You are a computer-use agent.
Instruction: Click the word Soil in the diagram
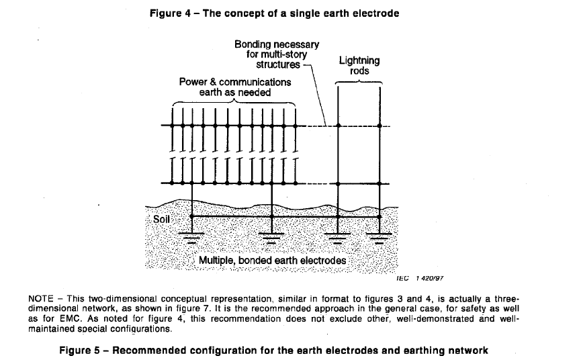161,219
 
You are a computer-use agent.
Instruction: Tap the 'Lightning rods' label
359,66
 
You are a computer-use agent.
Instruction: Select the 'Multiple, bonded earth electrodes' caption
272,261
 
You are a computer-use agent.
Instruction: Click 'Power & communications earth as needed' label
235,87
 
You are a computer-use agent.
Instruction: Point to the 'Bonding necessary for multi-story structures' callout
277,54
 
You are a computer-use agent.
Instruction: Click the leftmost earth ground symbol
191,238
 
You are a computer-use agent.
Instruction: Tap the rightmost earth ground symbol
379,238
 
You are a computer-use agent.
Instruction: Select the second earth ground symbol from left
271,238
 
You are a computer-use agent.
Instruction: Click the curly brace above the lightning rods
359,81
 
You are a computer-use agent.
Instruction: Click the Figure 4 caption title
275,13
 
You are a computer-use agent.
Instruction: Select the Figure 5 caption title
274,351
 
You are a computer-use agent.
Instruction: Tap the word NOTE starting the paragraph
41,299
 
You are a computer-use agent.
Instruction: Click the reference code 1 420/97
429,278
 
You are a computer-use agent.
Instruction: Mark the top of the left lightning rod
338,87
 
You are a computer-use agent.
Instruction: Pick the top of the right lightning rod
379,87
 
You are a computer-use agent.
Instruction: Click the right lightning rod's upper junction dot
379,126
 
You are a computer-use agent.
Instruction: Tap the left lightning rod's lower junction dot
338,184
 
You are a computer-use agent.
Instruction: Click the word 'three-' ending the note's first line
506,299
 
